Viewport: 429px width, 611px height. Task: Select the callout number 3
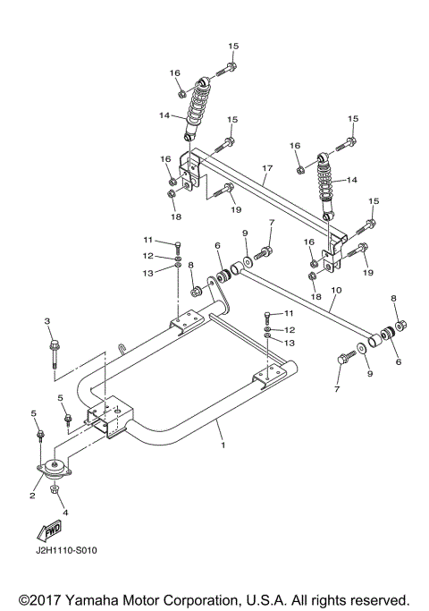(47, 321)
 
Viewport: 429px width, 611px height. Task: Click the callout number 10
(336, 290)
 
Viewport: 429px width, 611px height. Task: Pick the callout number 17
(266, 167)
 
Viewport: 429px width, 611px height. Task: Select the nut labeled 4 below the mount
(55, 490)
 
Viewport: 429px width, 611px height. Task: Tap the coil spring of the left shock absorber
(197, 107)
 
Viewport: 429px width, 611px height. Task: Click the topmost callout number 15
(233, 46)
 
